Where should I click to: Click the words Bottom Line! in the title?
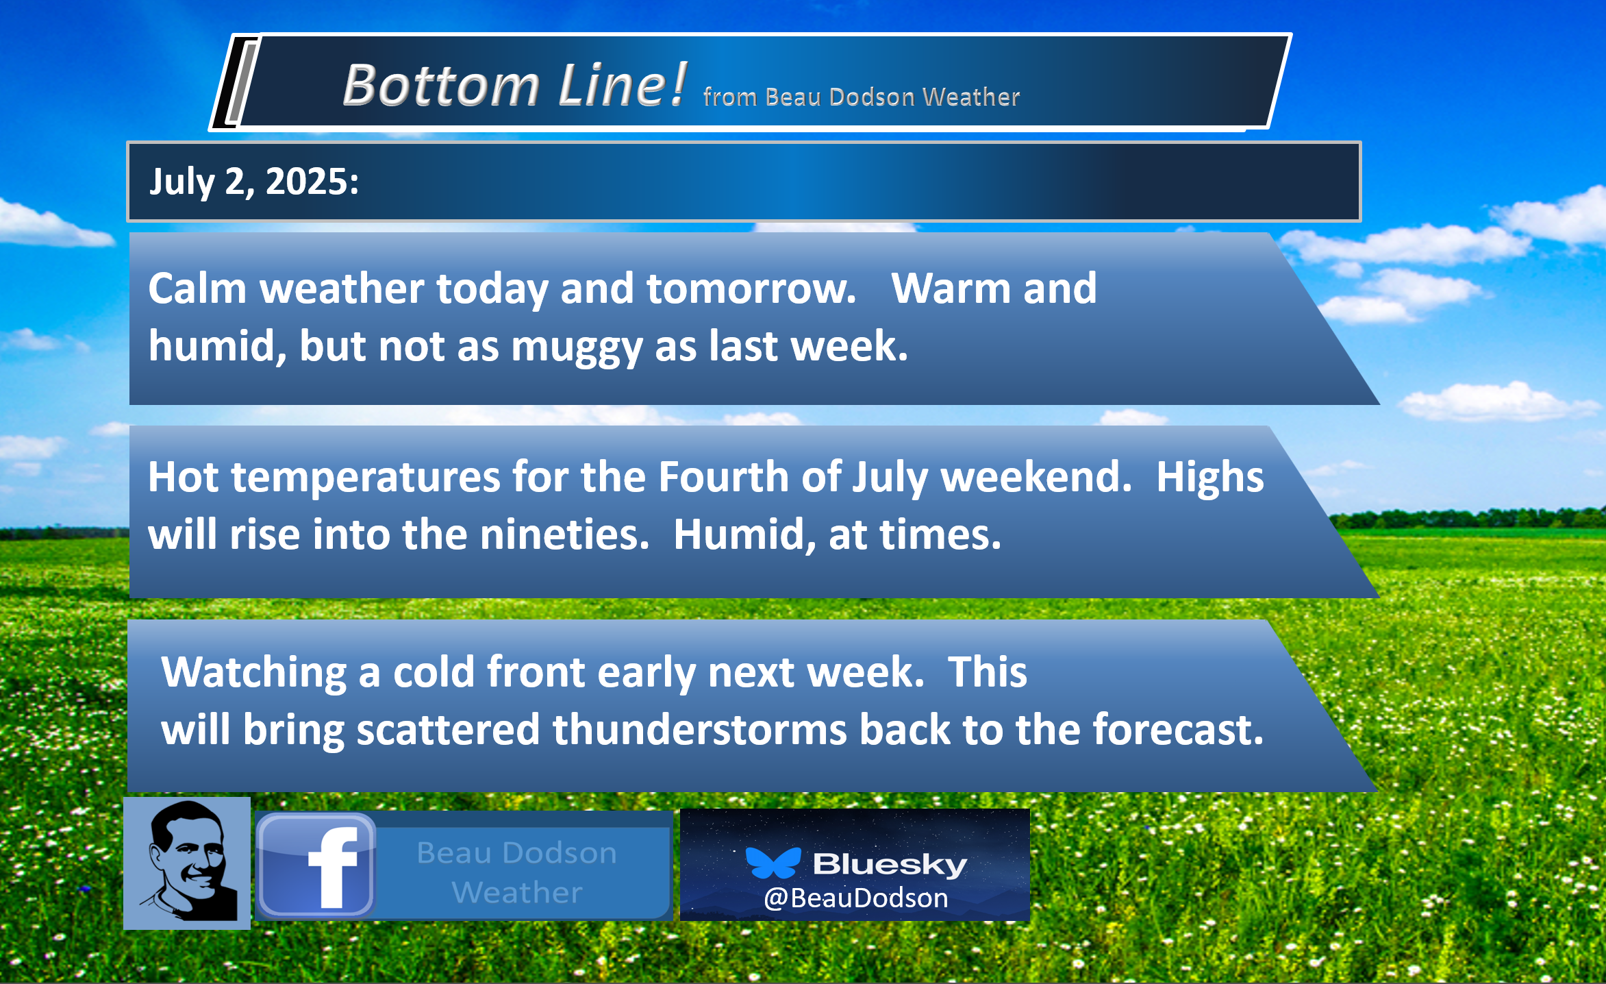514,85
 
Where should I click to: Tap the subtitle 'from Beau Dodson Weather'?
862,97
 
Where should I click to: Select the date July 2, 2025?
254,182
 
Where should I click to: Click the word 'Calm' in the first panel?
197,288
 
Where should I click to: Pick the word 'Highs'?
1210,476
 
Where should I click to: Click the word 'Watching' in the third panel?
253,672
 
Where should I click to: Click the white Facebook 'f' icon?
333,866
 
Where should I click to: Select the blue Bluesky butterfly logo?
773,863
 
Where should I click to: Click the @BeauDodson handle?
856,898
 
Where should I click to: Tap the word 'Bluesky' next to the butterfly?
890,864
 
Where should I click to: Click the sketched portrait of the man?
187,863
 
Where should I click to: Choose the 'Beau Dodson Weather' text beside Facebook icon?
517,872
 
